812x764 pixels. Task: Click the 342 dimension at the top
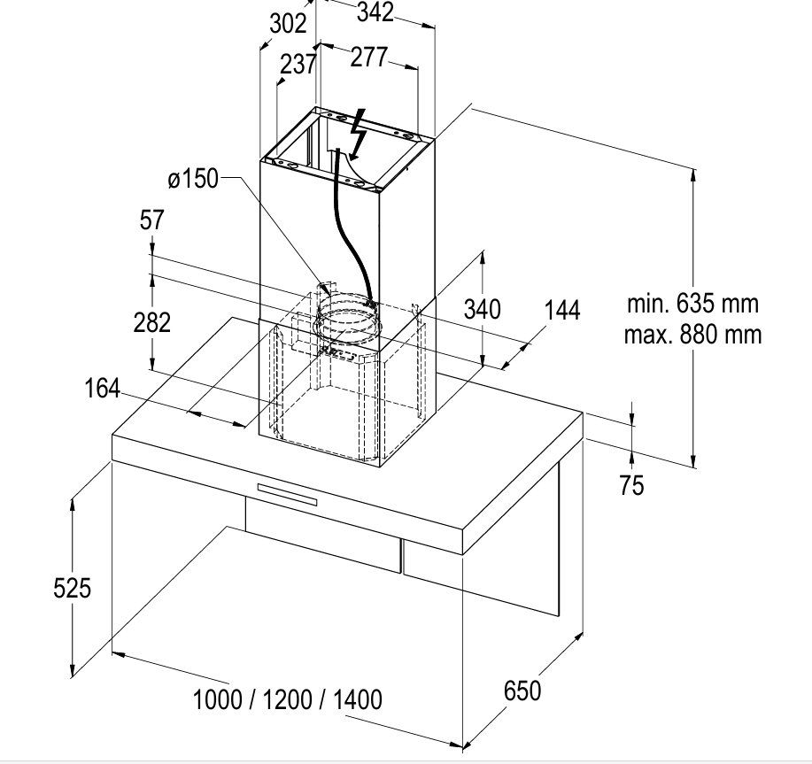click(x=375, y=12)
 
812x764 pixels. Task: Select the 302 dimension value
click(x=288, y=23)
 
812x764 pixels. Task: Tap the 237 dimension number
click(x=298, y=65)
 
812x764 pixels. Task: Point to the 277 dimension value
click(x=368, y=57)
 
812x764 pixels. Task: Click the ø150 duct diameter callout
click(x=193, y=179)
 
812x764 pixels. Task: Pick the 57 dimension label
click(x=151, y=220)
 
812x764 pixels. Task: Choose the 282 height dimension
click(x=151, y=323)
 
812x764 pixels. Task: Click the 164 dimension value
click(x=102, y=389)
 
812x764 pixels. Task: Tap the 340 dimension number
click(x=482, y=310)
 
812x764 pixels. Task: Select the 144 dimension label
click(x=562, y=311)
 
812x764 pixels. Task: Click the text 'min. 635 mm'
click(x=692, y=304)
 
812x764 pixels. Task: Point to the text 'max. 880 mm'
click(x=692, y=335)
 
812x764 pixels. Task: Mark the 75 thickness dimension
click(x=631, y=486)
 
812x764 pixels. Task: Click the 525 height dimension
click(x=72, y=589)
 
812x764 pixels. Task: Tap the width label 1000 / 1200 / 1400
click(x=288, y=699)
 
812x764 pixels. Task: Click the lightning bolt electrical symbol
click(x=359, y=135)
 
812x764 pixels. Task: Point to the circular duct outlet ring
click(x=347, y=321)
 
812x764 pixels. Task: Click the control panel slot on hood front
click(x=287, y=494)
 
